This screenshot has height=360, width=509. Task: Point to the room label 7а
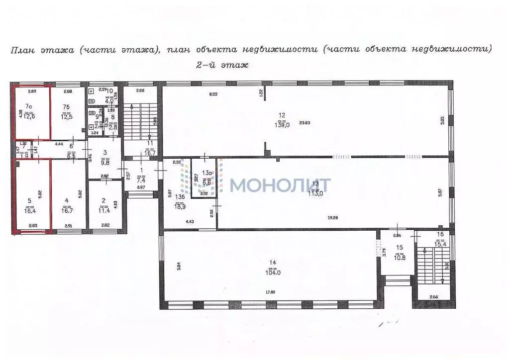pos(30,106)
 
